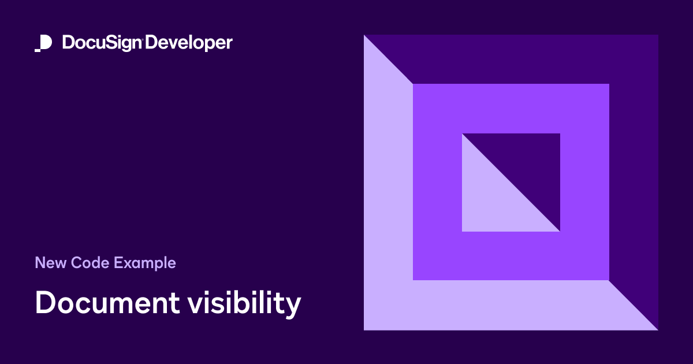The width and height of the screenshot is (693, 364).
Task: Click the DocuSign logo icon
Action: click(44, 43)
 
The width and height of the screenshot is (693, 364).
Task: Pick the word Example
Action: click(145, 263)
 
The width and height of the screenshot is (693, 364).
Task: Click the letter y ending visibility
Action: click(293, 307)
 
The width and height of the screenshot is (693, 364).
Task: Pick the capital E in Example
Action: click(118, 263)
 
